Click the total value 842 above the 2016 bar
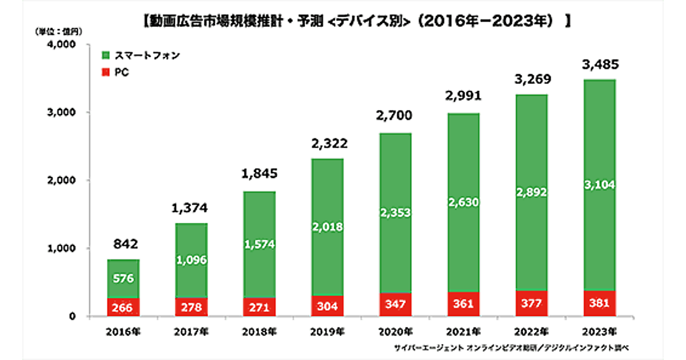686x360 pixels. click(123, 243)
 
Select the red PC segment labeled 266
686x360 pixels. click(123, 307)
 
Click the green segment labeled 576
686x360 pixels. click(123, 279)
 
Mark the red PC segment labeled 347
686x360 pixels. click(395, 305)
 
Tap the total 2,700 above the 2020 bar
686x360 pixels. click(395, 118)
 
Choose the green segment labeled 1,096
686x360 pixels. click(192, 260)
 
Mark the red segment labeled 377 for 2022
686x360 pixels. click(531, 303)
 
